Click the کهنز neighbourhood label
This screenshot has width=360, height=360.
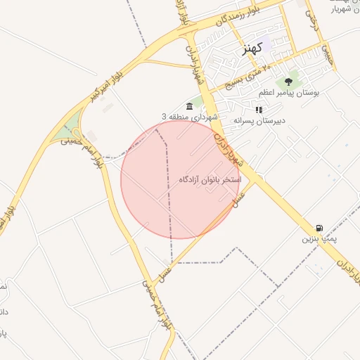pos(251,49)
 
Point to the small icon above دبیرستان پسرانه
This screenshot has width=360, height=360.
pos(259,110)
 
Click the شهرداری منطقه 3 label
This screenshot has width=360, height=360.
pos(191,116)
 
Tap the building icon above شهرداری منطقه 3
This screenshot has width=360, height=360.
pos(189,105)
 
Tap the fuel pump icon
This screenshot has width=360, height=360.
pos(320,228)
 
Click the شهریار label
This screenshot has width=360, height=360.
pos(345,9)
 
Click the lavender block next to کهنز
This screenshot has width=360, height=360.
pos(266,44)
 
